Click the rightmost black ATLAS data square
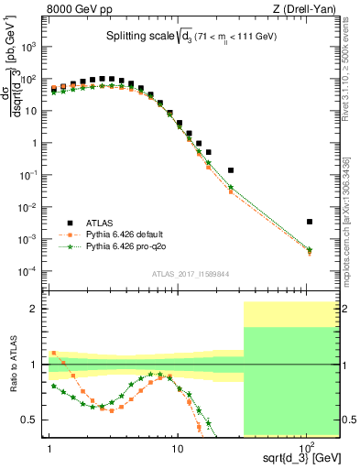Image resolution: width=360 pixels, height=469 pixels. click(310, 222)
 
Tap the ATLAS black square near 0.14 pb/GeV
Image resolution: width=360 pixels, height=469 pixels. click(231, 170)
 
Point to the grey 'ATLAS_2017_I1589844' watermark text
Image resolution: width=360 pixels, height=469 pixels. click(191, 273)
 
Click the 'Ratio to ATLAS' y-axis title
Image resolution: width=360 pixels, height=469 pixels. click(12, 363)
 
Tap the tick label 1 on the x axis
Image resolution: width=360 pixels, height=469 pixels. click(49, 441)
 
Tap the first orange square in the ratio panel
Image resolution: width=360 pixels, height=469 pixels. click(53, 353)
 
